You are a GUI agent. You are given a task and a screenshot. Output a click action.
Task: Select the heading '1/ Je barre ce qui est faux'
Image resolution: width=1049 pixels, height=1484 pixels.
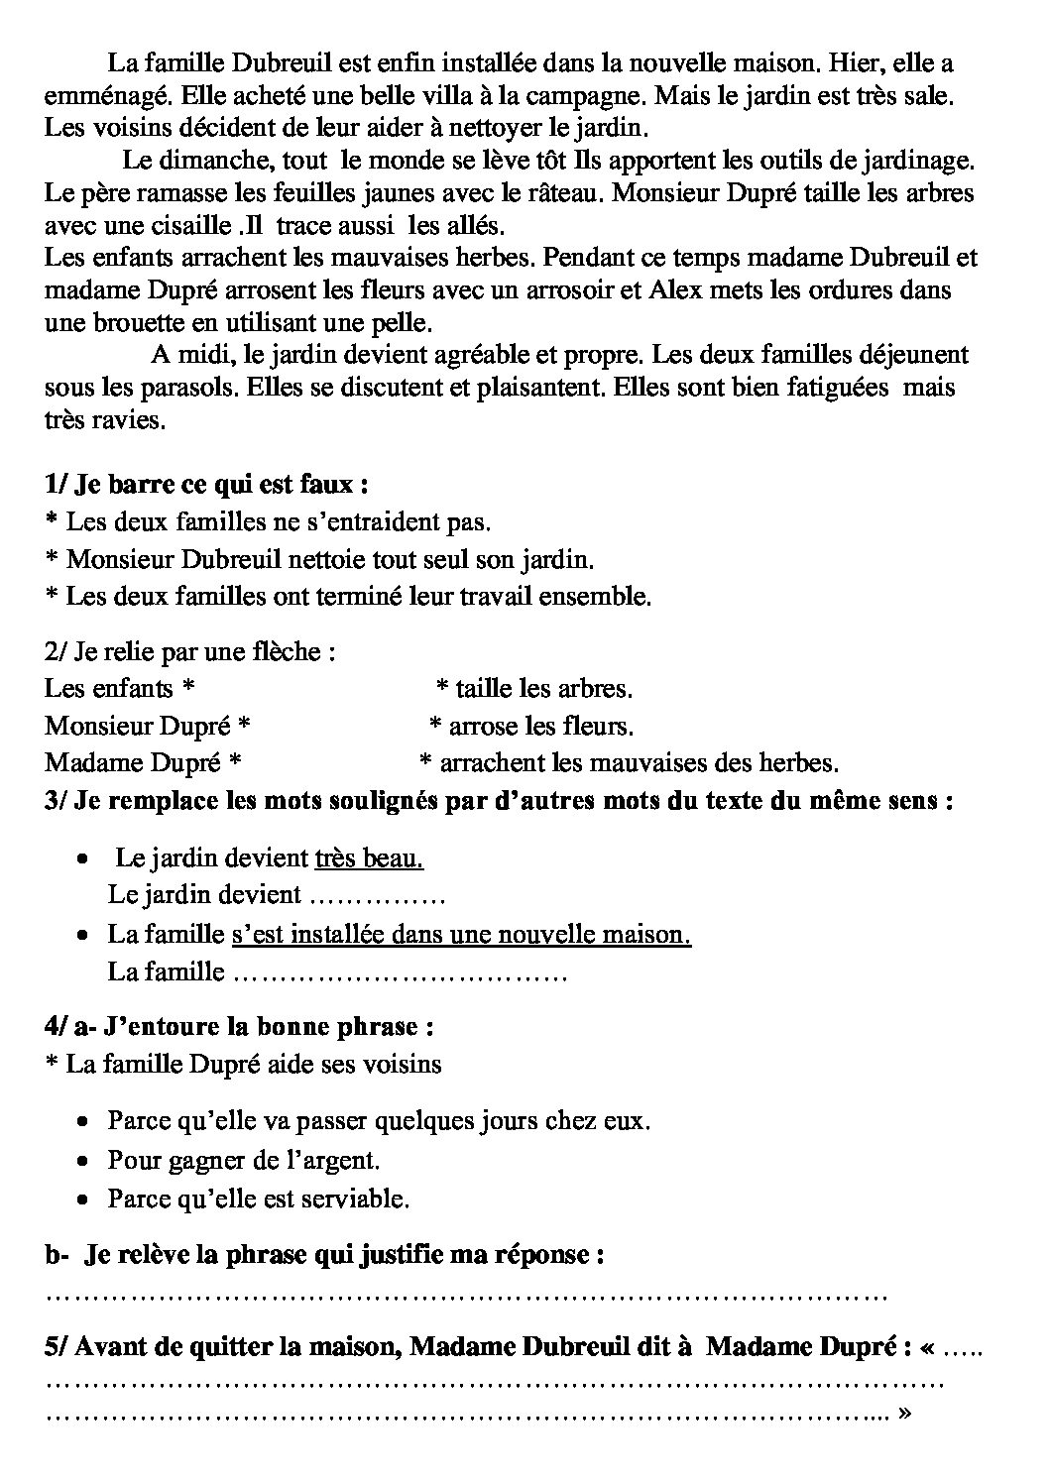pyautogui.click(x=207, y=485)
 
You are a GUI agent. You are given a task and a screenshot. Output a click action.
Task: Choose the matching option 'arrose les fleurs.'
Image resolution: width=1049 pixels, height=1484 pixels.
pyautogui.click(x=540, y=726)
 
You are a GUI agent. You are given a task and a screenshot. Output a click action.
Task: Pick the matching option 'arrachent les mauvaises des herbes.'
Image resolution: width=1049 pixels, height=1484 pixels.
pyautogui.click(x=639, y=762)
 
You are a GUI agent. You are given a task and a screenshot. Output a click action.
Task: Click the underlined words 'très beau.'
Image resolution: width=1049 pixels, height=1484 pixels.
pyautogui.click(x=369, y=857)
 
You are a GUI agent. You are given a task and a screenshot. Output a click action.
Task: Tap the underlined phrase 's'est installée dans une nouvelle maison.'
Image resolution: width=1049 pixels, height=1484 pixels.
pyautogui.click(x=461, y=933)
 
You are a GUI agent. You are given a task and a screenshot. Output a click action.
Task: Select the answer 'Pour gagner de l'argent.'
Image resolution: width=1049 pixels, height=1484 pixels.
pyautogui.click(x=244, y=1160)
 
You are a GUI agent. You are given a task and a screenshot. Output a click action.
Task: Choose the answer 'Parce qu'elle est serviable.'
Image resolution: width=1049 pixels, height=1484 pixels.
pyautogui.click(x=258, y=1198)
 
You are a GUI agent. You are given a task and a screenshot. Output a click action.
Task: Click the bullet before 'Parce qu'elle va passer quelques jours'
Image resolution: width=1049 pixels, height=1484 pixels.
pyautogui.click(x=86, y=1122)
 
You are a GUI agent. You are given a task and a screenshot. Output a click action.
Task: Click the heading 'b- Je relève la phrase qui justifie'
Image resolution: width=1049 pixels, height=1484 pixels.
pyautogui.click(x=325, y=1255)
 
